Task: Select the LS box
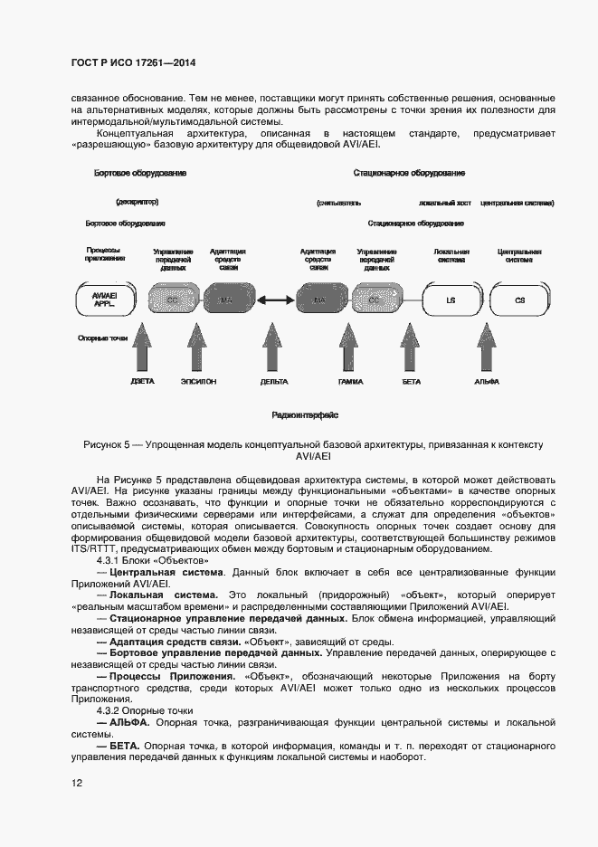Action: click(450, 300)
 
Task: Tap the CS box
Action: click(518, 300)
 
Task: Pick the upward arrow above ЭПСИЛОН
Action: click(197, 348)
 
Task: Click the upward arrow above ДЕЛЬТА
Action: click(273, 348)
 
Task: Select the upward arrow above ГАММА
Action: click(350, 348)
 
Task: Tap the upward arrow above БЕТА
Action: click(412, 348)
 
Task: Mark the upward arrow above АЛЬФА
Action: click(486, 348)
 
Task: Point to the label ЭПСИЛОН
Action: click(197, 382)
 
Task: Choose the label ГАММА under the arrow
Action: click(350, 382)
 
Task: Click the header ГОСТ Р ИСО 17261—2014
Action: click(133, 63)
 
